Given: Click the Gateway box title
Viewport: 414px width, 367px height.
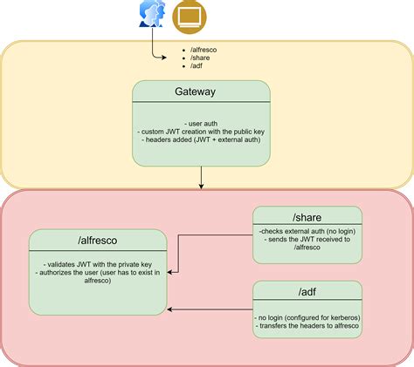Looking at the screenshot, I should pyautogui.click(x=201, y=92).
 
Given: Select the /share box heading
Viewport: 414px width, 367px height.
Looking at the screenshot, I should pyautogui.click(x=307, y=215).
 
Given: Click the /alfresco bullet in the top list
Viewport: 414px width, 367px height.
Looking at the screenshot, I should pyautogui.click(x=204, y=50).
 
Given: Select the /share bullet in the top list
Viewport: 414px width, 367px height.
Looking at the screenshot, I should pyautogui.click(x=199, y=58).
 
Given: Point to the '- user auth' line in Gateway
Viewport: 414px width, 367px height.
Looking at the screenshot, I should pyautogui.click(x=202, y=124).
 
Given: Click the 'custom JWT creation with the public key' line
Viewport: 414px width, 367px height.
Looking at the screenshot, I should pyautogui.click(x=202, y=133).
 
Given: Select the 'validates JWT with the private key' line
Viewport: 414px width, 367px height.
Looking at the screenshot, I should pyautogui.click(x=98, y=264).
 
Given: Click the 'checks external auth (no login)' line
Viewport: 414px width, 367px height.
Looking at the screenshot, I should pyautogui.click(x=307, y=229).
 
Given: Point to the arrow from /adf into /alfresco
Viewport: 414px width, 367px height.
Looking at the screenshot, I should pyautogui.click(x=210, y=309).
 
